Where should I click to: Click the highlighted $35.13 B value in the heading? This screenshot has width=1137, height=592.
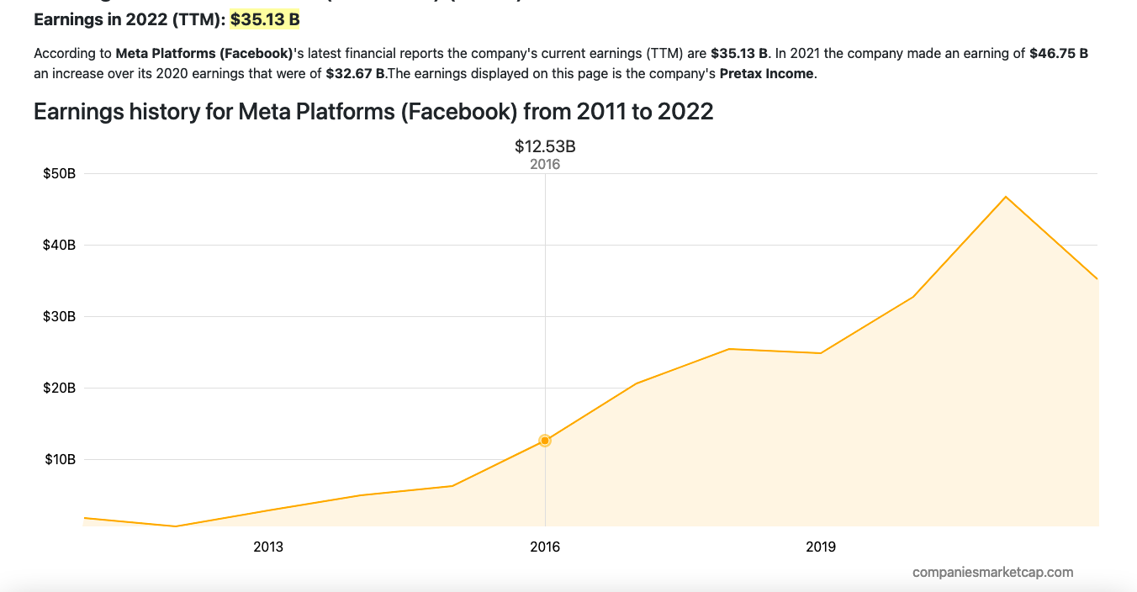tap(265, 18)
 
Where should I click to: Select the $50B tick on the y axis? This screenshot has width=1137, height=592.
tap(60, 174)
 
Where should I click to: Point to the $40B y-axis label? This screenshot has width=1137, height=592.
tap(60, 246)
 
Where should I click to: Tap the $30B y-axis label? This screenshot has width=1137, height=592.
tap(60, 317)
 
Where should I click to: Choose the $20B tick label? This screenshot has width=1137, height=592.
tap(60, 388)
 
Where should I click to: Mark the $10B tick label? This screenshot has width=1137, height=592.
tap(60, 460)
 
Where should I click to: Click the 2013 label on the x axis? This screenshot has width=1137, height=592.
tap(268, 547)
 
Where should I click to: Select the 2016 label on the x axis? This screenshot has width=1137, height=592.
tap(545, 547)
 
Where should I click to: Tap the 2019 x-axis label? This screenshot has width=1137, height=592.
tap(821, 547)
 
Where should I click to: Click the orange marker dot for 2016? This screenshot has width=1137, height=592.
tap(545, 441)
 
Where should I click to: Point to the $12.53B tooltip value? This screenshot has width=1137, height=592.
tap(545, 146)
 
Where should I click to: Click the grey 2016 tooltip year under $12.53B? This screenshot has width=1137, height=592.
tap(545, 165)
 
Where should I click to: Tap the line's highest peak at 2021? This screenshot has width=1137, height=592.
tap(1006, 197)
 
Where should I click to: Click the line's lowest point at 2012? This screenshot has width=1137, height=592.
tap(176, 526)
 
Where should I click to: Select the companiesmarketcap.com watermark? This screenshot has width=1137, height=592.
tap(992, 573)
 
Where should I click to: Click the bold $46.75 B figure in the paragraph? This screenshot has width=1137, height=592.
tap(1059, 54)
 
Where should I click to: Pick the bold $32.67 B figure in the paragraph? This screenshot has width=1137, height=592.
tap(355, 74)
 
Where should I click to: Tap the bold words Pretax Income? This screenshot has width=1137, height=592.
tap(766, 74)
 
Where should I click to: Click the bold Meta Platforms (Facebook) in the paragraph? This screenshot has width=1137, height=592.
tap(204, 54)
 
